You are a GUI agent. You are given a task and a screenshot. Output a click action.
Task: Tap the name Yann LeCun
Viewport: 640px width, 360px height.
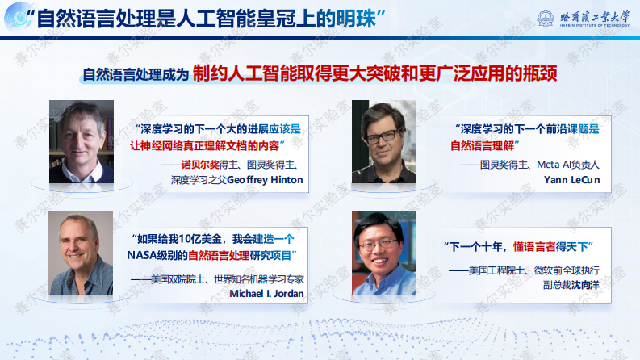[x=572, y=179]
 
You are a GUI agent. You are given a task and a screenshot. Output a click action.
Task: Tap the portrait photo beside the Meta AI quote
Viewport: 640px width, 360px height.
[x=383, y=142]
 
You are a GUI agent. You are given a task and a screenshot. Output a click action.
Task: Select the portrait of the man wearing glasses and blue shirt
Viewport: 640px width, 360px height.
[x=383, y=253]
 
